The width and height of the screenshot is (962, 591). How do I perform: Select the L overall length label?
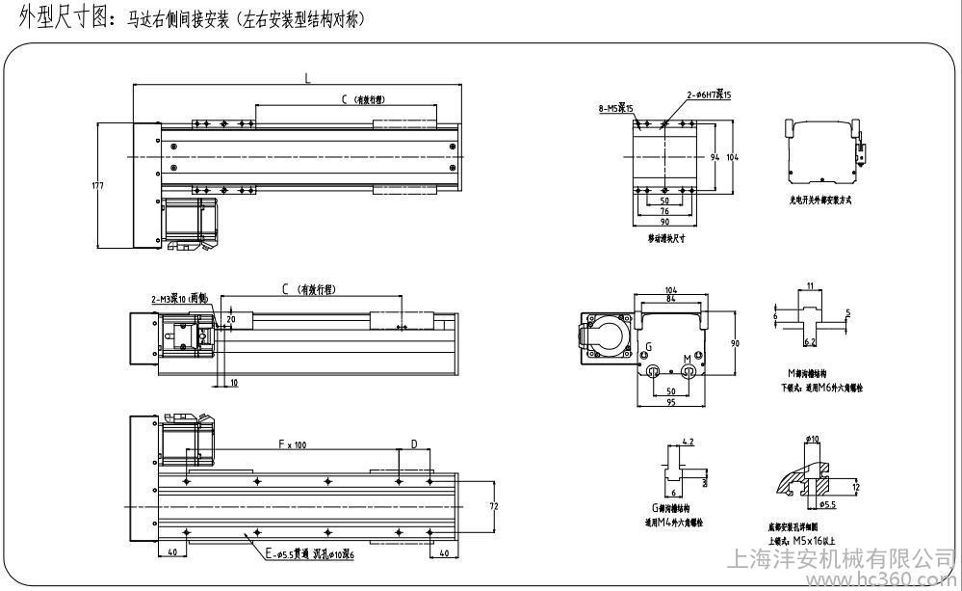coord(308,80)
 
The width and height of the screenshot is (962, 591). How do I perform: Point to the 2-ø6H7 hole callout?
coord(710,94)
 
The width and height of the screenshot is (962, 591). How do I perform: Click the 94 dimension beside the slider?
coord(715,155)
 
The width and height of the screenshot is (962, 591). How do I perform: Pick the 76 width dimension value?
coord(664,211)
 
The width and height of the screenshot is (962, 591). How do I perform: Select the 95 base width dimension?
coord(672,402)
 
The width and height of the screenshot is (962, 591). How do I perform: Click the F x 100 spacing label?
coord(292,445)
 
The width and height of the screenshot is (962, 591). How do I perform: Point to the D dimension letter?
coord(414,444)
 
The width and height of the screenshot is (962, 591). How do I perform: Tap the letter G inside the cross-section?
coord(648,345)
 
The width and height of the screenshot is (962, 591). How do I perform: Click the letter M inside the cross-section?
coord(688,359)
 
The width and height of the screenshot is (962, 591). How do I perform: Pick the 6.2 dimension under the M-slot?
coord(810,341)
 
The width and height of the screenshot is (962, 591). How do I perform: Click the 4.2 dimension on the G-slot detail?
coord(687,442)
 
